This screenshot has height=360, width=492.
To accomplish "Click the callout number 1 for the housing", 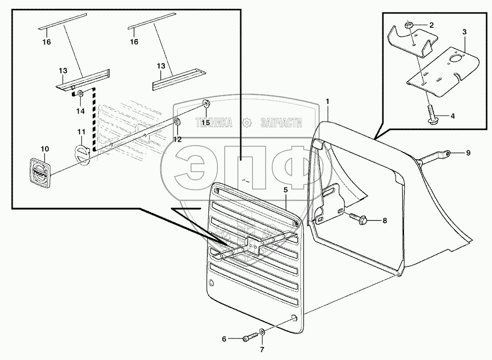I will [x=328, y=101].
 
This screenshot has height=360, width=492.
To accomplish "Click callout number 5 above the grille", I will [x=285, y=190].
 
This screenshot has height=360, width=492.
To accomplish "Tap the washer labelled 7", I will [x=262, y=333].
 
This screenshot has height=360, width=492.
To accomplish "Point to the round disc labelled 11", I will [x=83, y=155].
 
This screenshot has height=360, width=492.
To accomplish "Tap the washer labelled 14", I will [x=80, y=93].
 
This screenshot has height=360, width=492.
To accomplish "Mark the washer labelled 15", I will [x=206, y=103].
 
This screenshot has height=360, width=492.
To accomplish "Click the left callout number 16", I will [x=45, y=42].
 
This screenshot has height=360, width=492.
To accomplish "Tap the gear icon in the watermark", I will [x=246, y=123].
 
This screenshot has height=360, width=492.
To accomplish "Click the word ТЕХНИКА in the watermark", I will [x=214, y=123].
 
